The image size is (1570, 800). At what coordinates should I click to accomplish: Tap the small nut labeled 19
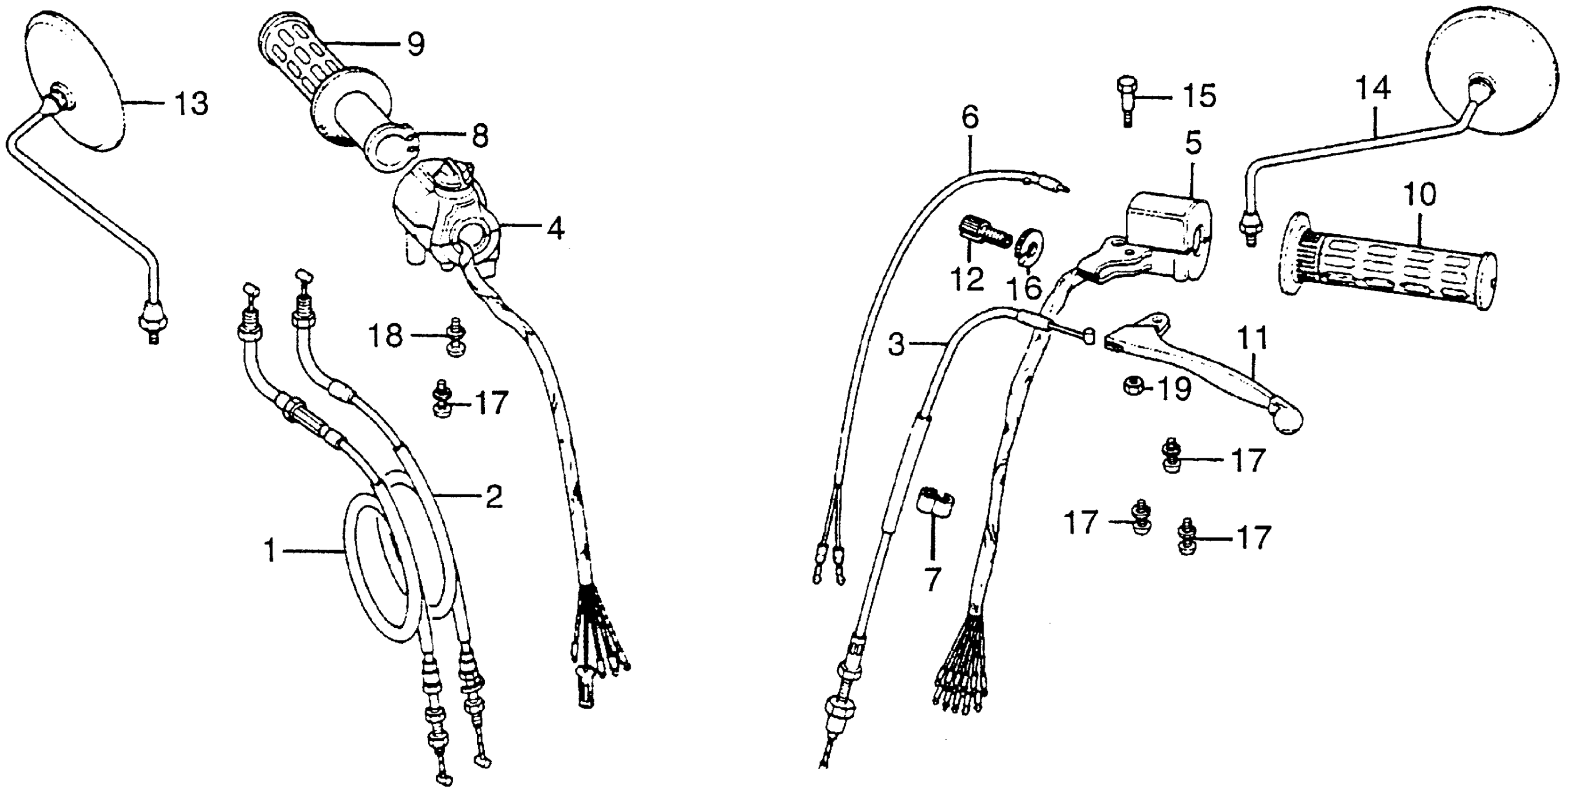coord(1133,386)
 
